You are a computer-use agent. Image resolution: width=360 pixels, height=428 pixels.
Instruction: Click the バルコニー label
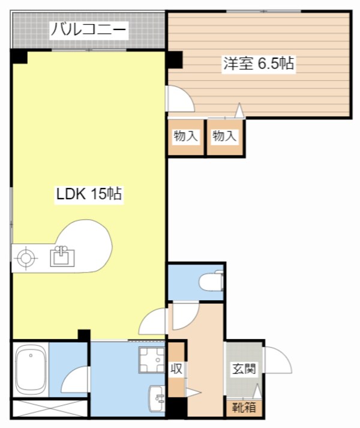[88, 29]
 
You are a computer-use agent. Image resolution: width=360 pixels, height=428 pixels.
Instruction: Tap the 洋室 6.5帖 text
[259, 64]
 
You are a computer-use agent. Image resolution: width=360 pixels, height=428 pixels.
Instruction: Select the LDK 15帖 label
[89, 194]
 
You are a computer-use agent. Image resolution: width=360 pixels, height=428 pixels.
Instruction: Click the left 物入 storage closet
[185, 137]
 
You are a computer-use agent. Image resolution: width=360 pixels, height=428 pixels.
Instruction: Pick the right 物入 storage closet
[224, 137]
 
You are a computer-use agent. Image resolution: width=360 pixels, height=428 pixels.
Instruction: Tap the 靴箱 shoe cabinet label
[244, 407]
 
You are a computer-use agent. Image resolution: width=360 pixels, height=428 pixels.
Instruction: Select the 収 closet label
[176, 369]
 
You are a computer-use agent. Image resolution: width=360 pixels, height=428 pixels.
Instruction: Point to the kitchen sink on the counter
[61, 257]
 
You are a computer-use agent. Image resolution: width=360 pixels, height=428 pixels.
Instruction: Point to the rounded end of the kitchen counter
[96, 244]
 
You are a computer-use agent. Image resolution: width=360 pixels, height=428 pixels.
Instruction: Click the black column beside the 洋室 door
[175, 60]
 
